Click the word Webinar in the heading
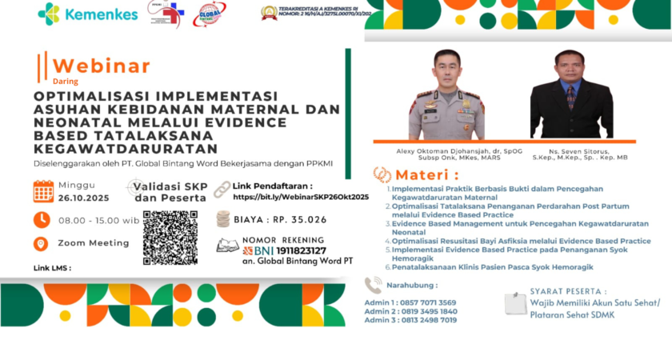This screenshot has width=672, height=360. (x=100, y=66)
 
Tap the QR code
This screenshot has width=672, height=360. (x=170, y=238)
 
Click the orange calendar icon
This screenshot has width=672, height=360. (x=43, y=190)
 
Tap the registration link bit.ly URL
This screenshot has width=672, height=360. (x=300, y=196)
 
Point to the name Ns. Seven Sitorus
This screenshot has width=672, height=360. (x=571, y=150)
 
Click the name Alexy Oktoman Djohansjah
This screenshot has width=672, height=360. (x=446, y=150)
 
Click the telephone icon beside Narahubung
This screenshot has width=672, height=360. (x=373, y=285)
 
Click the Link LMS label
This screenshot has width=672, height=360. (x=52, y=267)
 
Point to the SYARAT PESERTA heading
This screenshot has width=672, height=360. (x=567, y=292)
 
